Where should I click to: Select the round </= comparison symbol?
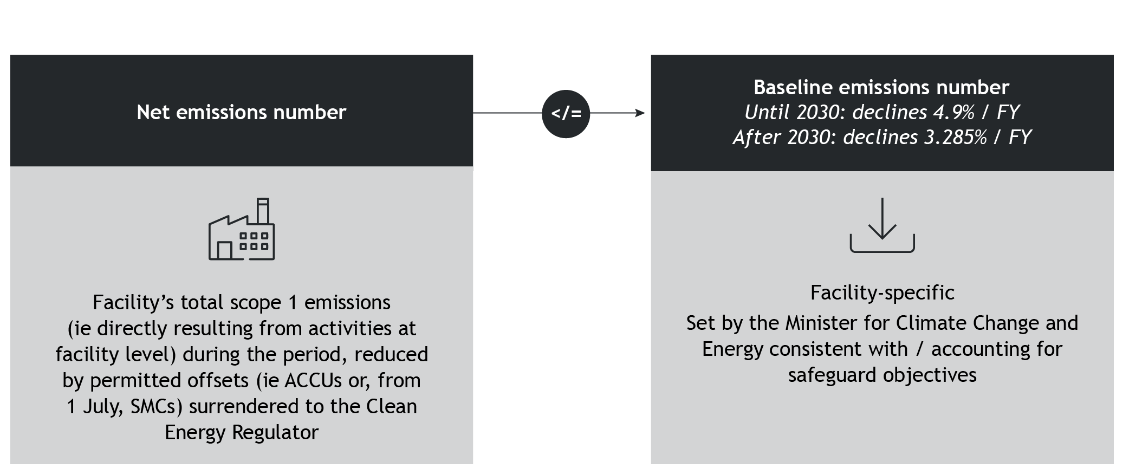(566, 114)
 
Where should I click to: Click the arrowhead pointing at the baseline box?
(640, 113)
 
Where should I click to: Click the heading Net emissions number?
(241, 112)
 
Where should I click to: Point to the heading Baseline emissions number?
(881, 87)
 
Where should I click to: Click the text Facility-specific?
(882, 292)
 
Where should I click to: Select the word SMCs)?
(156, 406)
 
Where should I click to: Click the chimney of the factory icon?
(263, 211)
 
